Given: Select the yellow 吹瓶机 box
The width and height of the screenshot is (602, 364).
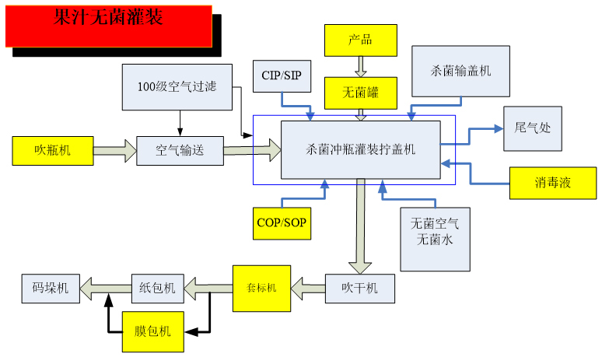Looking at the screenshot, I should click(52, 150).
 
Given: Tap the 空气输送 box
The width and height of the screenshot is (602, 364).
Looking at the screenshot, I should click(180, 150).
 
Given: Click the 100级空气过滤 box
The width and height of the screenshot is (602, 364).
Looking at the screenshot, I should click(179, 87).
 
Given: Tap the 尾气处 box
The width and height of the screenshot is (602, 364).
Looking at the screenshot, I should click(533, 127).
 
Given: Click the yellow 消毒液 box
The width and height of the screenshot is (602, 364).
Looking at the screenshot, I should click(552, 183).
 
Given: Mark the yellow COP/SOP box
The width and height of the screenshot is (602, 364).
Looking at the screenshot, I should click(282, 223).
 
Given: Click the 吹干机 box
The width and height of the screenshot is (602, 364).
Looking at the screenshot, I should click(361, 288).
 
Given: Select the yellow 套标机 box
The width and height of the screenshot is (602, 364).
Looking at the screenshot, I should click(261, 288).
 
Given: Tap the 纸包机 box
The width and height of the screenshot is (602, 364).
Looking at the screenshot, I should click(158, 289).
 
